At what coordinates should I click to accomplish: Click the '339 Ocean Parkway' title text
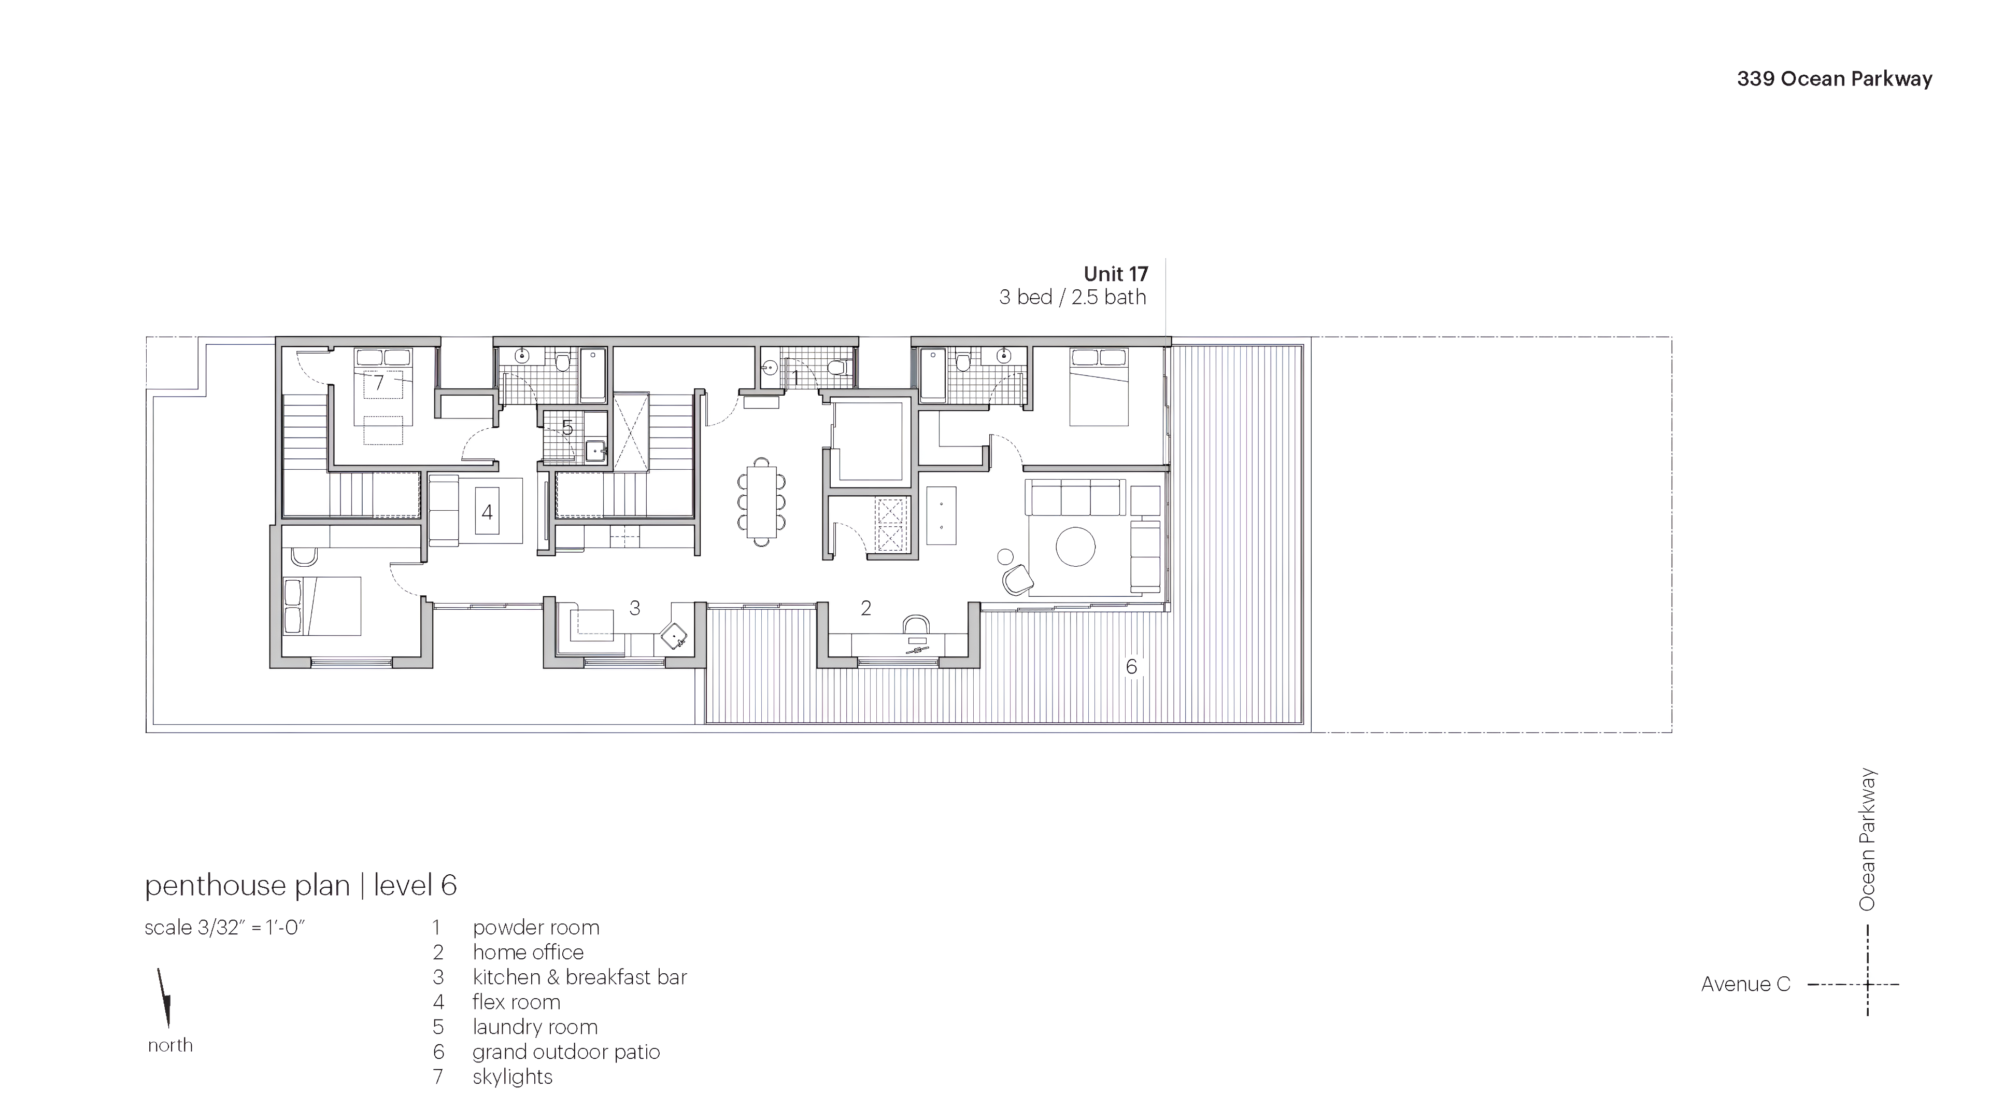(x=1834, y=79)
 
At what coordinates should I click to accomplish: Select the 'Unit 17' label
(x=1116, y=274)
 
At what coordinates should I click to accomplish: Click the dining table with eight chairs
(x=762, y=501)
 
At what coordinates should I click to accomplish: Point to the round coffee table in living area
(x=1075, y=547)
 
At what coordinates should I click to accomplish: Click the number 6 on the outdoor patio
(x=1131, y=666)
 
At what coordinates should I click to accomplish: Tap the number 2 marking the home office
(x=866, y=608)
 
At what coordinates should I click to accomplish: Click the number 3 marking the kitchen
(x=634, y=608)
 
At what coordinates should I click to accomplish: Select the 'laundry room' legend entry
(x=535, y=1027)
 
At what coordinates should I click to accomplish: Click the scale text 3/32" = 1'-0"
(x=225, y=928)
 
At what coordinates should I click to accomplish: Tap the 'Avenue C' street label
(x=1745, y=984)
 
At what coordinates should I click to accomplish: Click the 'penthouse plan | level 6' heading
(x=301, y=885)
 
